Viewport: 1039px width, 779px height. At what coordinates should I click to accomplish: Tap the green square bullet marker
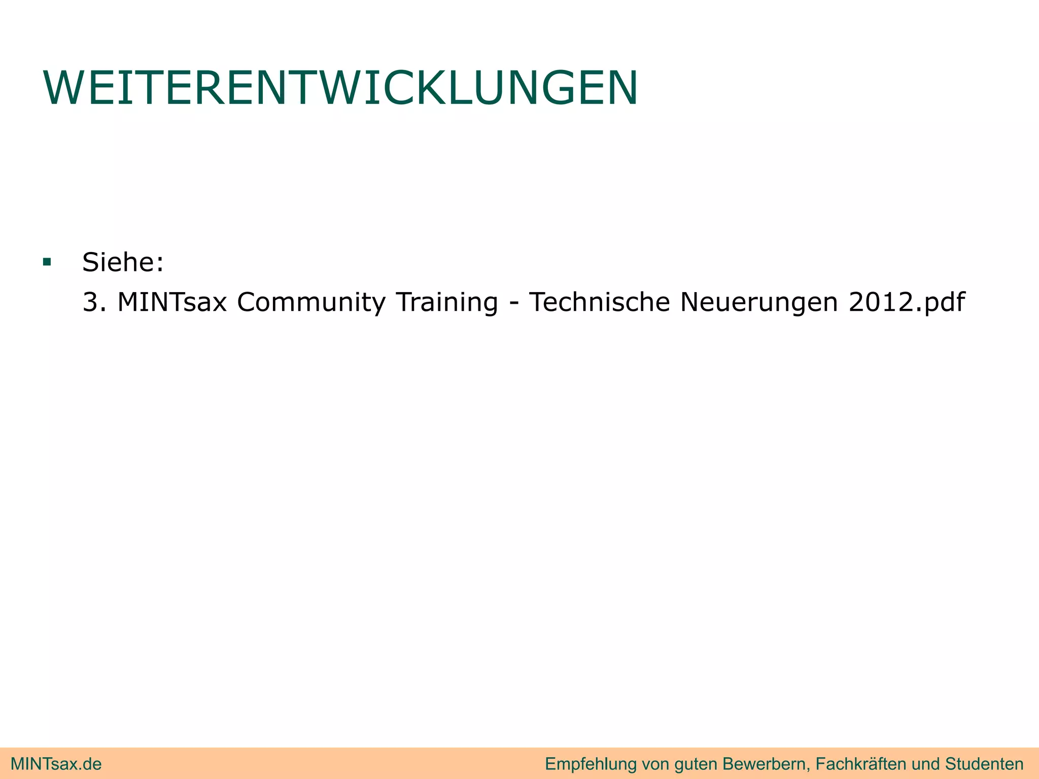47,262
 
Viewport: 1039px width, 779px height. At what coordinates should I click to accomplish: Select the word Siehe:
123,262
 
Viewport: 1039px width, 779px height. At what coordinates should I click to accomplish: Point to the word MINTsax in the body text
172,302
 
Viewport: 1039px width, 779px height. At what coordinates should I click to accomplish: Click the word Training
447,303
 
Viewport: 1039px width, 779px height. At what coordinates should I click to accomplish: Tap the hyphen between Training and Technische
514,303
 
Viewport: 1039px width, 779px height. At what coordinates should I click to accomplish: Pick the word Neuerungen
758,303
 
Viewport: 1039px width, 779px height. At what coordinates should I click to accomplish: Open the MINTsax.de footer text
56,764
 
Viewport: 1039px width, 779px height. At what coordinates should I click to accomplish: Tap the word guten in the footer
696,764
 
